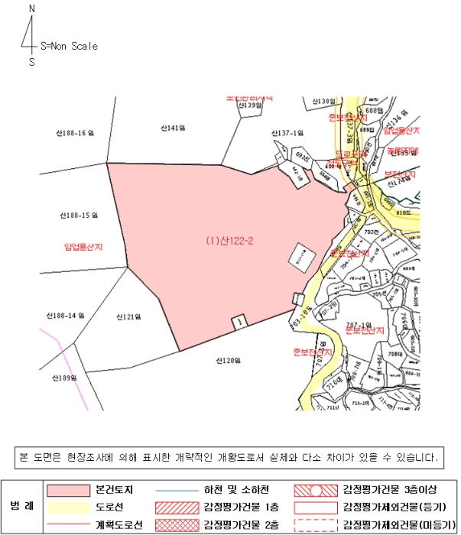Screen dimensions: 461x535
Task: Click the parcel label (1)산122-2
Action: pos(229,241)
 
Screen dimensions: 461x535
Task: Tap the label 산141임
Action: pos(174,127)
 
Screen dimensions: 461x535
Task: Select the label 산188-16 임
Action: pos(74,133)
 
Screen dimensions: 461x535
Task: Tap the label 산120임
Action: pos(227,360)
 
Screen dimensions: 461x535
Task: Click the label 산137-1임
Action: pos(287,133)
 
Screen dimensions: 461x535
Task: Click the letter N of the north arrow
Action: pos(31,8)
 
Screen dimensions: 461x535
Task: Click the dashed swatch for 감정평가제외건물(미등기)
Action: pos(317,525)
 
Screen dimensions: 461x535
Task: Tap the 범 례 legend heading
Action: pos(22,507)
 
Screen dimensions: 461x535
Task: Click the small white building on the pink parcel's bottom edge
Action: pos(239,323)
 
